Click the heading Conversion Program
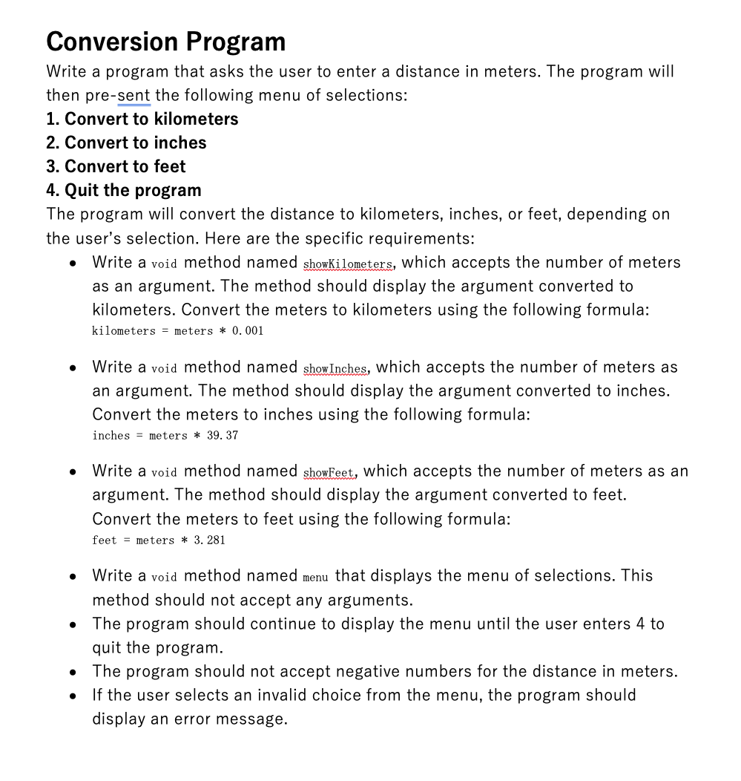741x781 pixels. (165, 41)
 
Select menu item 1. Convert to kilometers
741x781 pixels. (142, 119)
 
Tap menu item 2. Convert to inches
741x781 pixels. (126, 143)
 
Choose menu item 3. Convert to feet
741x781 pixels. (116, 166)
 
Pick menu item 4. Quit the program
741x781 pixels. (123, 190)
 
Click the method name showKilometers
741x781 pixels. (348, 264)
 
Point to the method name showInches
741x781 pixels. (335, 368)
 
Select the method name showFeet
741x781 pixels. (329, 472)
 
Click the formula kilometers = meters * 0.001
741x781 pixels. (177, 331)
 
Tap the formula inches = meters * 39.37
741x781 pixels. (165, 436)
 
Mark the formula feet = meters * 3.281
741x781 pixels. (158, 540)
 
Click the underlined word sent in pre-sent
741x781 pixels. (134, 95)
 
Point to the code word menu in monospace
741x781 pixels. (315, 577)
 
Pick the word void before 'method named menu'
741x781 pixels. (164, 577)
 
